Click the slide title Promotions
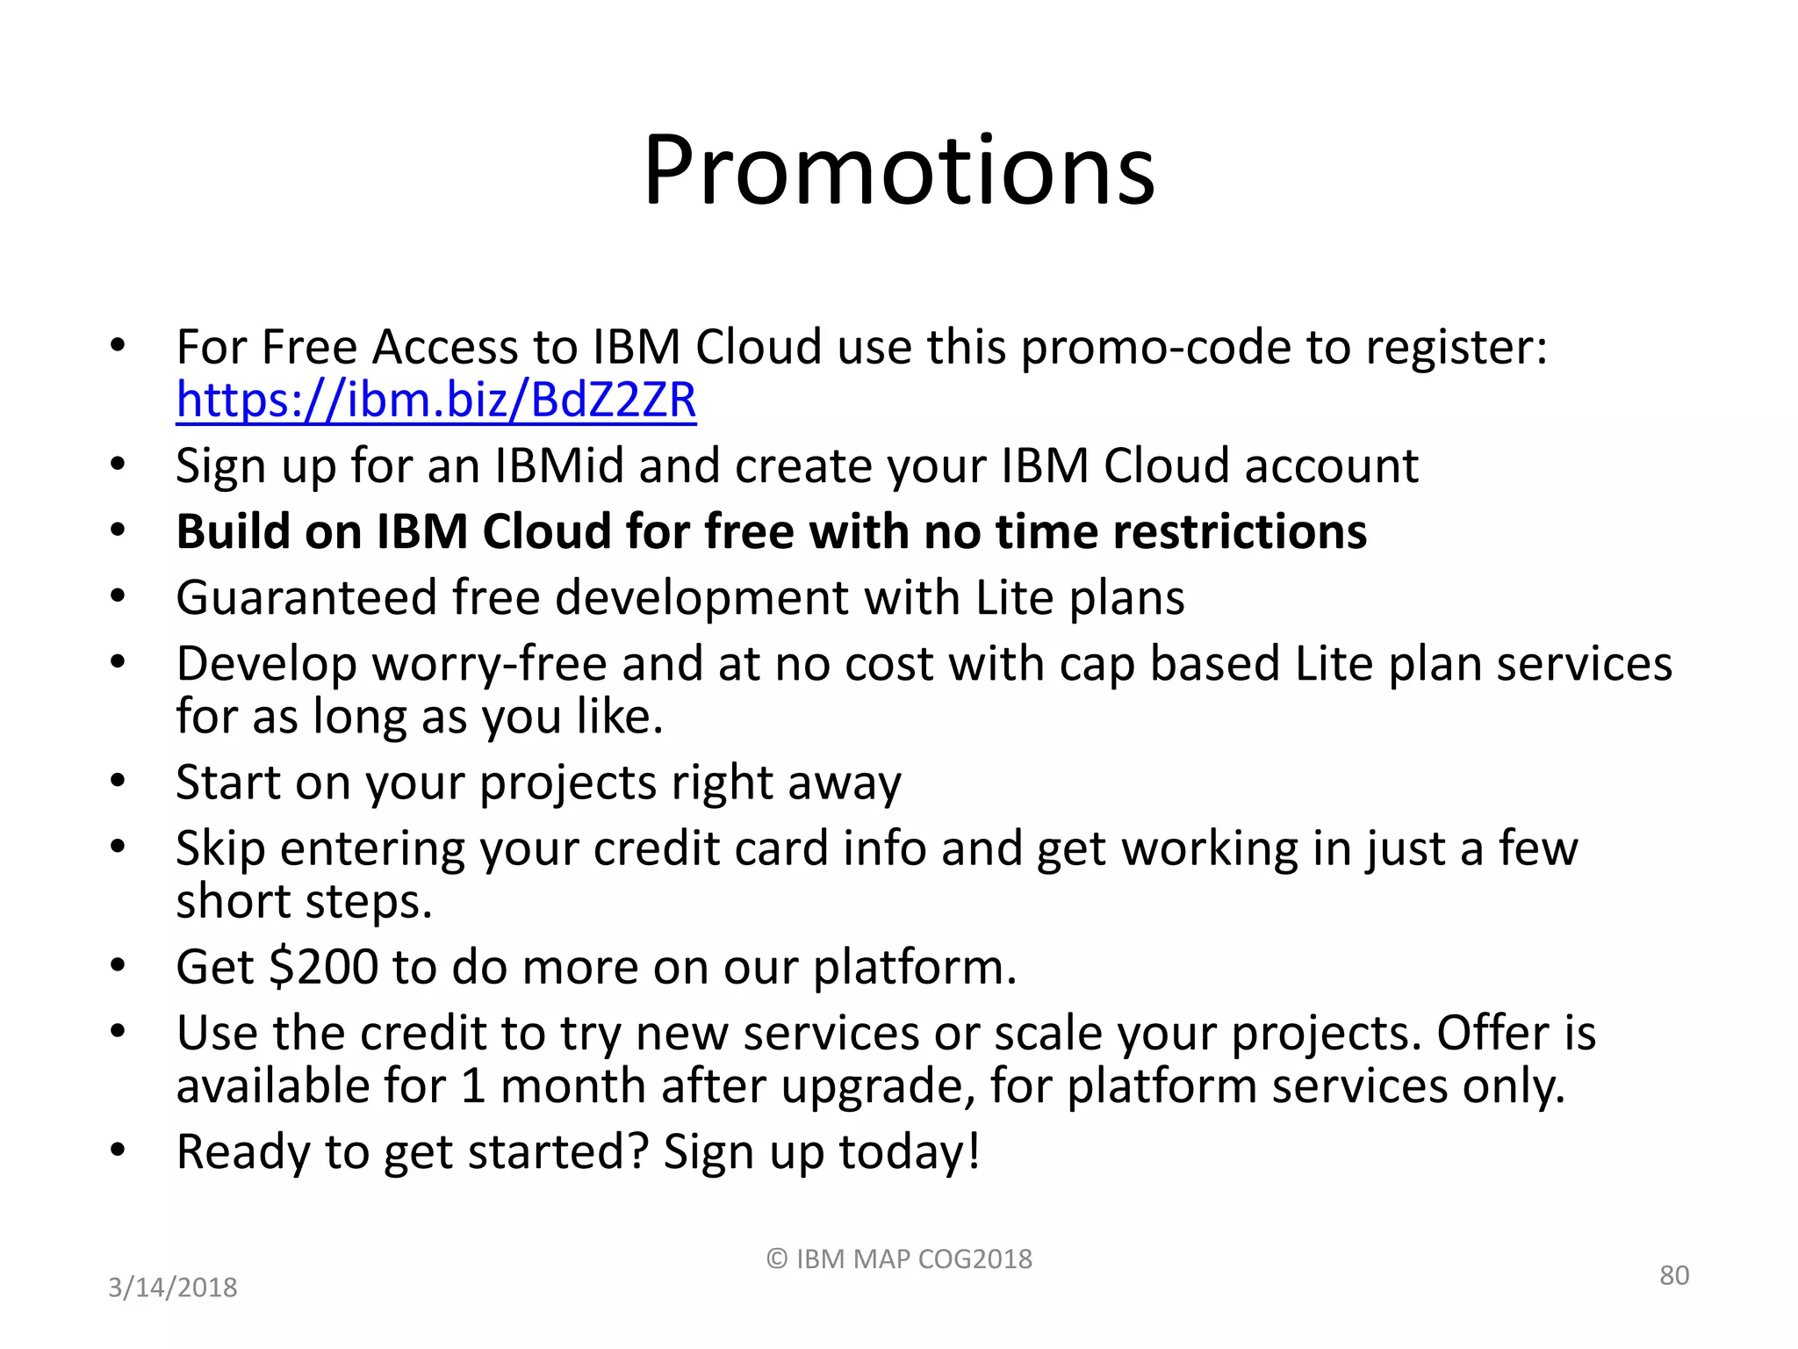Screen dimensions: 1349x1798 [899, 170]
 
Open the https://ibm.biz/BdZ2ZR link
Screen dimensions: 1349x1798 [435, 401]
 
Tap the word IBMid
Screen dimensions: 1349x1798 [559, 465]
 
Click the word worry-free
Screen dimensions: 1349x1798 [489, 665]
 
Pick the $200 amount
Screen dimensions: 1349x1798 [324, 967]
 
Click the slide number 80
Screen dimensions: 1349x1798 [1673, 1275]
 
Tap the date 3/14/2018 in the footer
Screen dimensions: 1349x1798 [173, 1288]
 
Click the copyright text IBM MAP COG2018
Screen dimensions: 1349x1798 [899, 1259]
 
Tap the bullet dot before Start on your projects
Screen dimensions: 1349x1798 [119, 781]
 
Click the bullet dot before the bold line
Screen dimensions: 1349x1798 [119, 530]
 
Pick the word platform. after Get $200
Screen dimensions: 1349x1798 [915, 967]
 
